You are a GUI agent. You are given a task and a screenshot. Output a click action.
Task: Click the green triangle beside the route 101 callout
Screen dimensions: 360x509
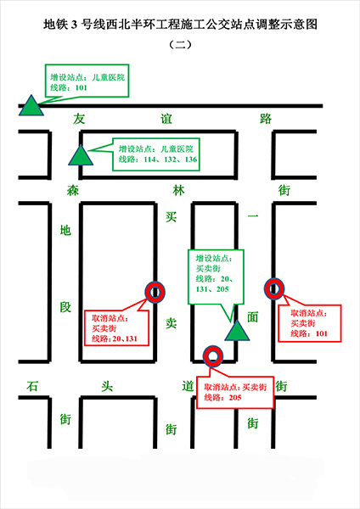[x=31, y=108]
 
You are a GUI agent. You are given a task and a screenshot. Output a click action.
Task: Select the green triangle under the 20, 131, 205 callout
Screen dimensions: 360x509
[x=237, y=333]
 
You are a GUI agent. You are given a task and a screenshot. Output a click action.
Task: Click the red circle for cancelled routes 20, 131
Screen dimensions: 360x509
[x=155, y=292]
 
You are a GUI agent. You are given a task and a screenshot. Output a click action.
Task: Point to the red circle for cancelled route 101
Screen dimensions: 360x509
[x=274, y=289]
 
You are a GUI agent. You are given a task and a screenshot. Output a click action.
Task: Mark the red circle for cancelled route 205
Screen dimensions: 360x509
[x=213, y=356]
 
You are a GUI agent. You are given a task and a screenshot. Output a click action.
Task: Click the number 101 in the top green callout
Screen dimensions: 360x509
[x=82, y=87]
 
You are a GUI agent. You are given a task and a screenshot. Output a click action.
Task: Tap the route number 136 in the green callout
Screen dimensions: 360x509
[x=191, y=159]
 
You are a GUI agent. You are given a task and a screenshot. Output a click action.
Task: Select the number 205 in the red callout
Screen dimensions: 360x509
[x=235, y=398]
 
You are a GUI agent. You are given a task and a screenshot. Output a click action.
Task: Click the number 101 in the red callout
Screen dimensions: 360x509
[x=321, y=333]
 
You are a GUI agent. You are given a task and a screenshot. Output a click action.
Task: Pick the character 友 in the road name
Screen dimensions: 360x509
[x=79, y=119]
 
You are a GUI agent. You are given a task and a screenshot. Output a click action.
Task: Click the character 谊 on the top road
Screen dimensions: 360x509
[x=166, y=119]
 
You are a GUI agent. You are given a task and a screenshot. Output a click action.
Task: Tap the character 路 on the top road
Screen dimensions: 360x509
[x=266, y=119]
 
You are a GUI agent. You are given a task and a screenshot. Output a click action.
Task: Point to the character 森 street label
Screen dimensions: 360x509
[x=73, y=190]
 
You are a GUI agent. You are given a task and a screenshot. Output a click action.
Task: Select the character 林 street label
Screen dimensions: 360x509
[x=178, y=190]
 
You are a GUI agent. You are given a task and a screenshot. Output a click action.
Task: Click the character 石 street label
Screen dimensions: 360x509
[x=32, y=386]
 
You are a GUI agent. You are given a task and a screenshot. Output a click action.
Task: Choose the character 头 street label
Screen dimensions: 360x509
[x=107, y=386]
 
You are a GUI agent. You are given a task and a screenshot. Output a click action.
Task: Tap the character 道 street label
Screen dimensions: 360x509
[x=188, y=386]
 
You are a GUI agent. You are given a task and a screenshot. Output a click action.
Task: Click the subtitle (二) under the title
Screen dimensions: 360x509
[x=181, y=44]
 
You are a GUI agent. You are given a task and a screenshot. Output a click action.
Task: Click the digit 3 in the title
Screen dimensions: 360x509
[x=75, y=25]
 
